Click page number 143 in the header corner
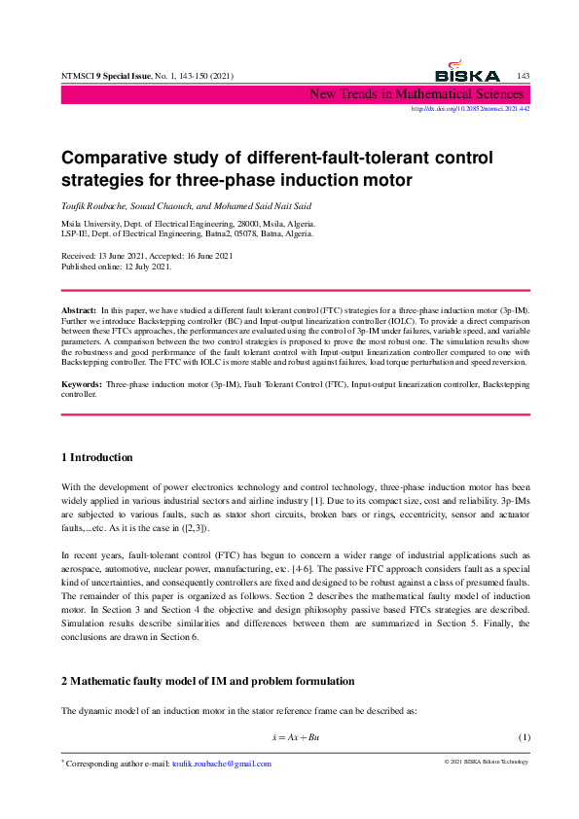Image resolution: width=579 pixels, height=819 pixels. [x=523, y=76]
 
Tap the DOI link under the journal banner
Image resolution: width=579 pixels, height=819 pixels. [x=471, y=109]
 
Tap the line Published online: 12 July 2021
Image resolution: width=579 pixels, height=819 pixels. [x=117, y=266]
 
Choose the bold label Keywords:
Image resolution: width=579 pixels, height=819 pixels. [x=81, y=386]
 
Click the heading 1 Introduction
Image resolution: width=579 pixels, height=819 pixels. [x=97, y=457]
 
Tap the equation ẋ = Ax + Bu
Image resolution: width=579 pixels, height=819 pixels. [x=296, y=737]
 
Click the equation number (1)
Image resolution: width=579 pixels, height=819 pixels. [x=524, y=737]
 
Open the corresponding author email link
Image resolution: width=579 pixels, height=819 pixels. [x=221, y=764]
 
